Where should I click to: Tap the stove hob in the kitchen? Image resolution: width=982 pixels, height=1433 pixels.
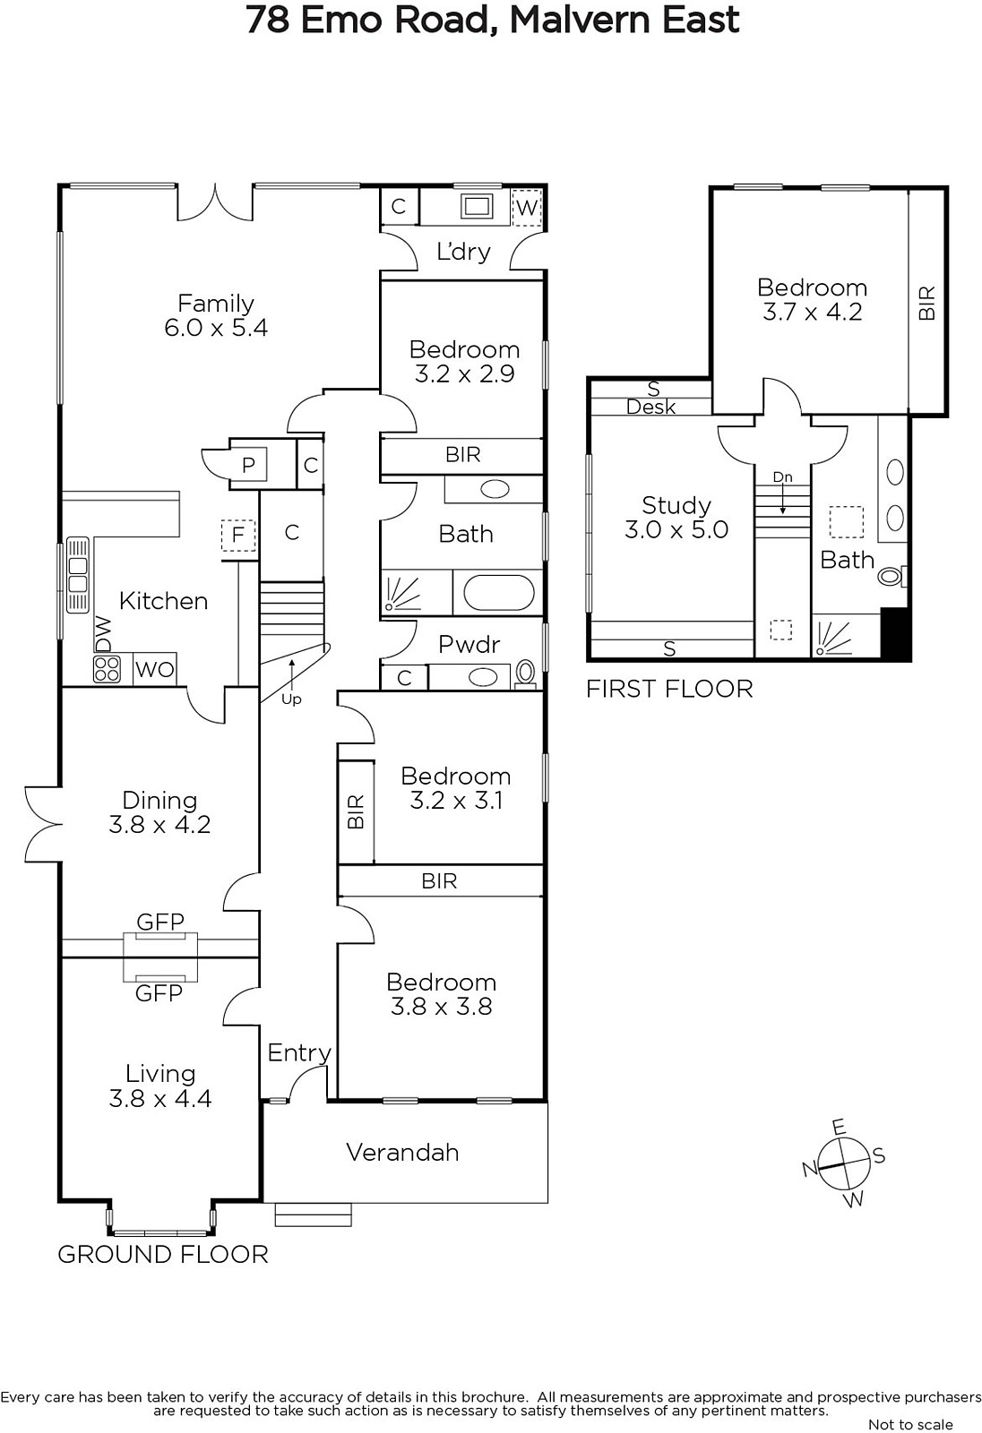point(107,669)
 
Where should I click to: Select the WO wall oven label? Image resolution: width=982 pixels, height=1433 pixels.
point(155,669)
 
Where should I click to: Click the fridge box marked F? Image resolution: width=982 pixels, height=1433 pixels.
point(238,535)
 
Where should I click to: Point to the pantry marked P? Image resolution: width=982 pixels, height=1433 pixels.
point(248,465)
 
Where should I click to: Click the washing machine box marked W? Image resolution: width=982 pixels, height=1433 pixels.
point(526,207)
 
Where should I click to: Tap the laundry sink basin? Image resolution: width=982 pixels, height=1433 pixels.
point(477,206)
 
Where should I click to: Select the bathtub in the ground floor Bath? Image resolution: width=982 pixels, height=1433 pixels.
point(499,592)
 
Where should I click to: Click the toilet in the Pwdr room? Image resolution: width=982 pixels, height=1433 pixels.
point(526,673)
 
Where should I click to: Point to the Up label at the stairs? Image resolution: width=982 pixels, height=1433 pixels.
point(291,699)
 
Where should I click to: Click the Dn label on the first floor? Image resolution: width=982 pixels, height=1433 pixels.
point(782,476)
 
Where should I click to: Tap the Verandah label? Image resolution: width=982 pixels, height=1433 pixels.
point(402,1152)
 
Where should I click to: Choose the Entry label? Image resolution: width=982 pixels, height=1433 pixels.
point(299,1052)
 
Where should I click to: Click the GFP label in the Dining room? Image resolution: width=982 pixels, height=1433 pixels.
point(160,922)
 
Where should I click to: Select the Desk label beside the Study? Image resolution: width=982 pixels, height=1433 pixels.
point(651,407)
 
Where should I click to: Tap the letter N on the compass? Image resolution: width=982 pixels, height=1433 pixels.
point(810,1169)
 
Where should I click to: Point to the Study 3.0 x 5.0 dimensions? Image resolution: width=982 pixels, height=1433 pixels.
point(676,529)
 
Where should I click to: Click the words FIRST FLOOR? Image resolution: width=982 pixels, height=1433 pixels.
point(669,689)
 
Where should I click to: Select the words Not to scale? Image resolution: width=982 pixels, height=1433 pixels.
point(910,1424)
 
